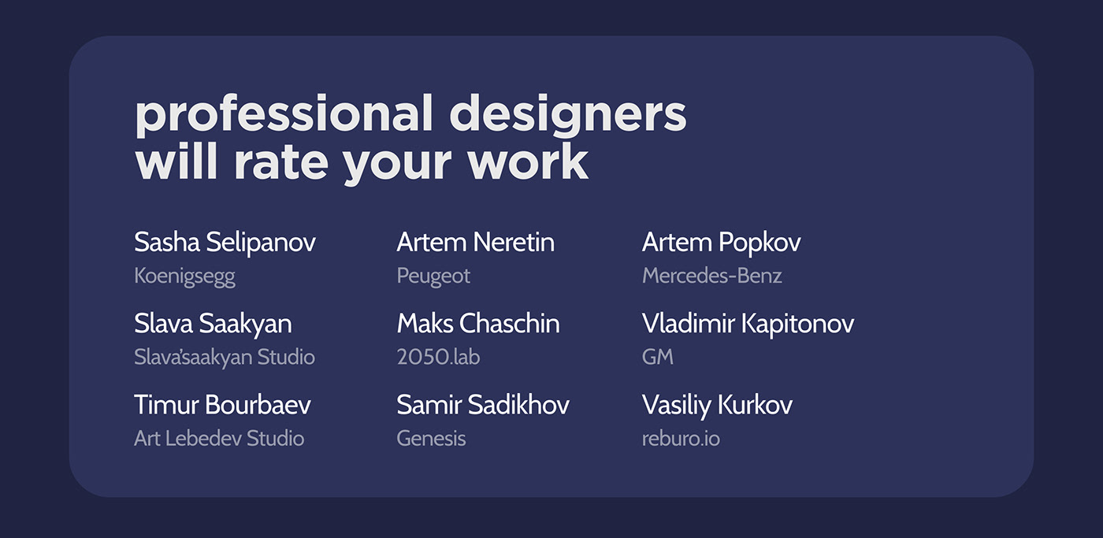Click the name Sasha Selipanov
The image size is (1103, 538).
(x=225, y=242)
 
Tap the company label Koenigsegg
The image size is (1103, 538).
(x=184, y=276)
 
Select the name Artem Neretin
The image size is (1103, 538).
(x=476, y=242)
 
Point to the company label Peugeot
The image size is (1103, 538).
(x=433, y=276)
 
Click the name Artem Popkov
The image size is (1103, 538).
(x=722, y=242)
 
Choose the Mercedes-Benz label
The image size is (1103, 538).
(x=712, y=276)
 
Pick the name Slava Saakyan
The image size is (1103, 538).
(x=213, y=325)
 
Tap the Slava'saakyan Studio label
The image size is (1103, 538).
(x=225, y=358)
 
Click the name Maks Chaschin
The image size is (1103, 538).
(x=478, y=324)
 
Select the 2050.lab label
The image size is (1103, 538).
(x=438, y=357)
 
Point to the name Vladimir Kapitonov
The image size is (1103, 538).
(x=748, y=324)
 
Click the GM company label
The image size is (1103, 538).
(x=657, y=357)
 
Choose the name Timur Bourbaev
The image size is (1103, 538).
(x=222, y=405)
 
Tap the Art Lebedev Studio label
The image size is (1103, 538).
(x=219, y=438)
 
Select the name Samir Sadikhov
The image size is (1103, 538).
(x=483, y=405)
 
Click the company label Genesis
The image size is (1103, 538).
(x=431, y=439)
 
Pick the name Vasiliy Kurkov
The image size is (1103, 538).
(x=718, y=406)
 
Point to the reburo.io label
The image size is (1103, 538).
(x=681, y=438)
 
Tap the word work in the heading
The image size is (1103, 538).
(x=529, y=161)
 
